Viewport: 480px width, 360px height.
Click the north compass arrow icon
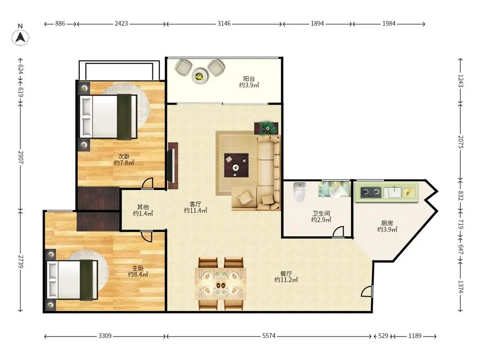(20, 38)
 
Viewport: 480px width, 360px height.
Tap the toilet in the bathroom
(300, 192)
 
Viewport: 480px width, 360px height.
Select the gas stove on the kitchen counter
(370, 192)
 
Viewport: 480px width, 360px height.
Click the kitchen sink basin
(392, 193)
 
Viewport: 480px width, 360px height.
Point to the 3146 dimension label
(224, 23)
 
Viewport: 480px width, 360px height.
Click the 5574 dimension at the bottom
(269, 336)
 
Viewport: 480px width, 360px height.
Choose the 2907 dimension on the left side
(21, 157)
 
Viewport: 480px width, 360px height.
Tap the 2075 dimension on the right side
(461, 142)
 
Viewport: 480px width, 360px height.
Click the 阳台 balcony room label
(249, 79)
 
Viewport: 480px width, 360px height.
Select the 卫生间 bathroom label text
(321, 213)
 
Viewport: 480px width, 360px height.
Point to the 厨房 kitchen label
(387, 223)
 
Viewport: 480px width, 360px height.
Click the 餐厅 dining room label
(286, 273)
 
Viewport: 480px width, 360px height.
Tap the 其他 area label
(143, 207)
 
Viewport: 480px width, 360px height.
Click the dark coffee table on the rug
(236, 165)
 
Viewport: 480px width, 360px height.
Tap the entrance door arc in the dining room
(366, 291)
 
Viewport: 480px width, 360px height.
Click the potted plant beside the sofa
(266, 128)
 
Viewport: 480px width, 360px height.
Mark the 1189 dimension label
(415, 336)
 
